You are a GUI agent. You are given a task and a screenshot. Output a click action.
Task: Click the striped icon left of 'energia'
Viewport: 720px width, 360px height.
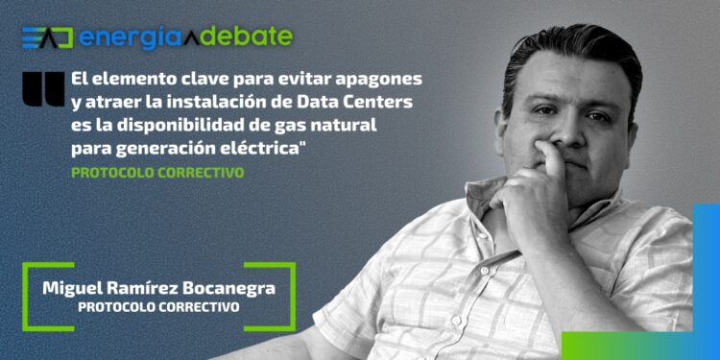(x=47, y=37)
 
